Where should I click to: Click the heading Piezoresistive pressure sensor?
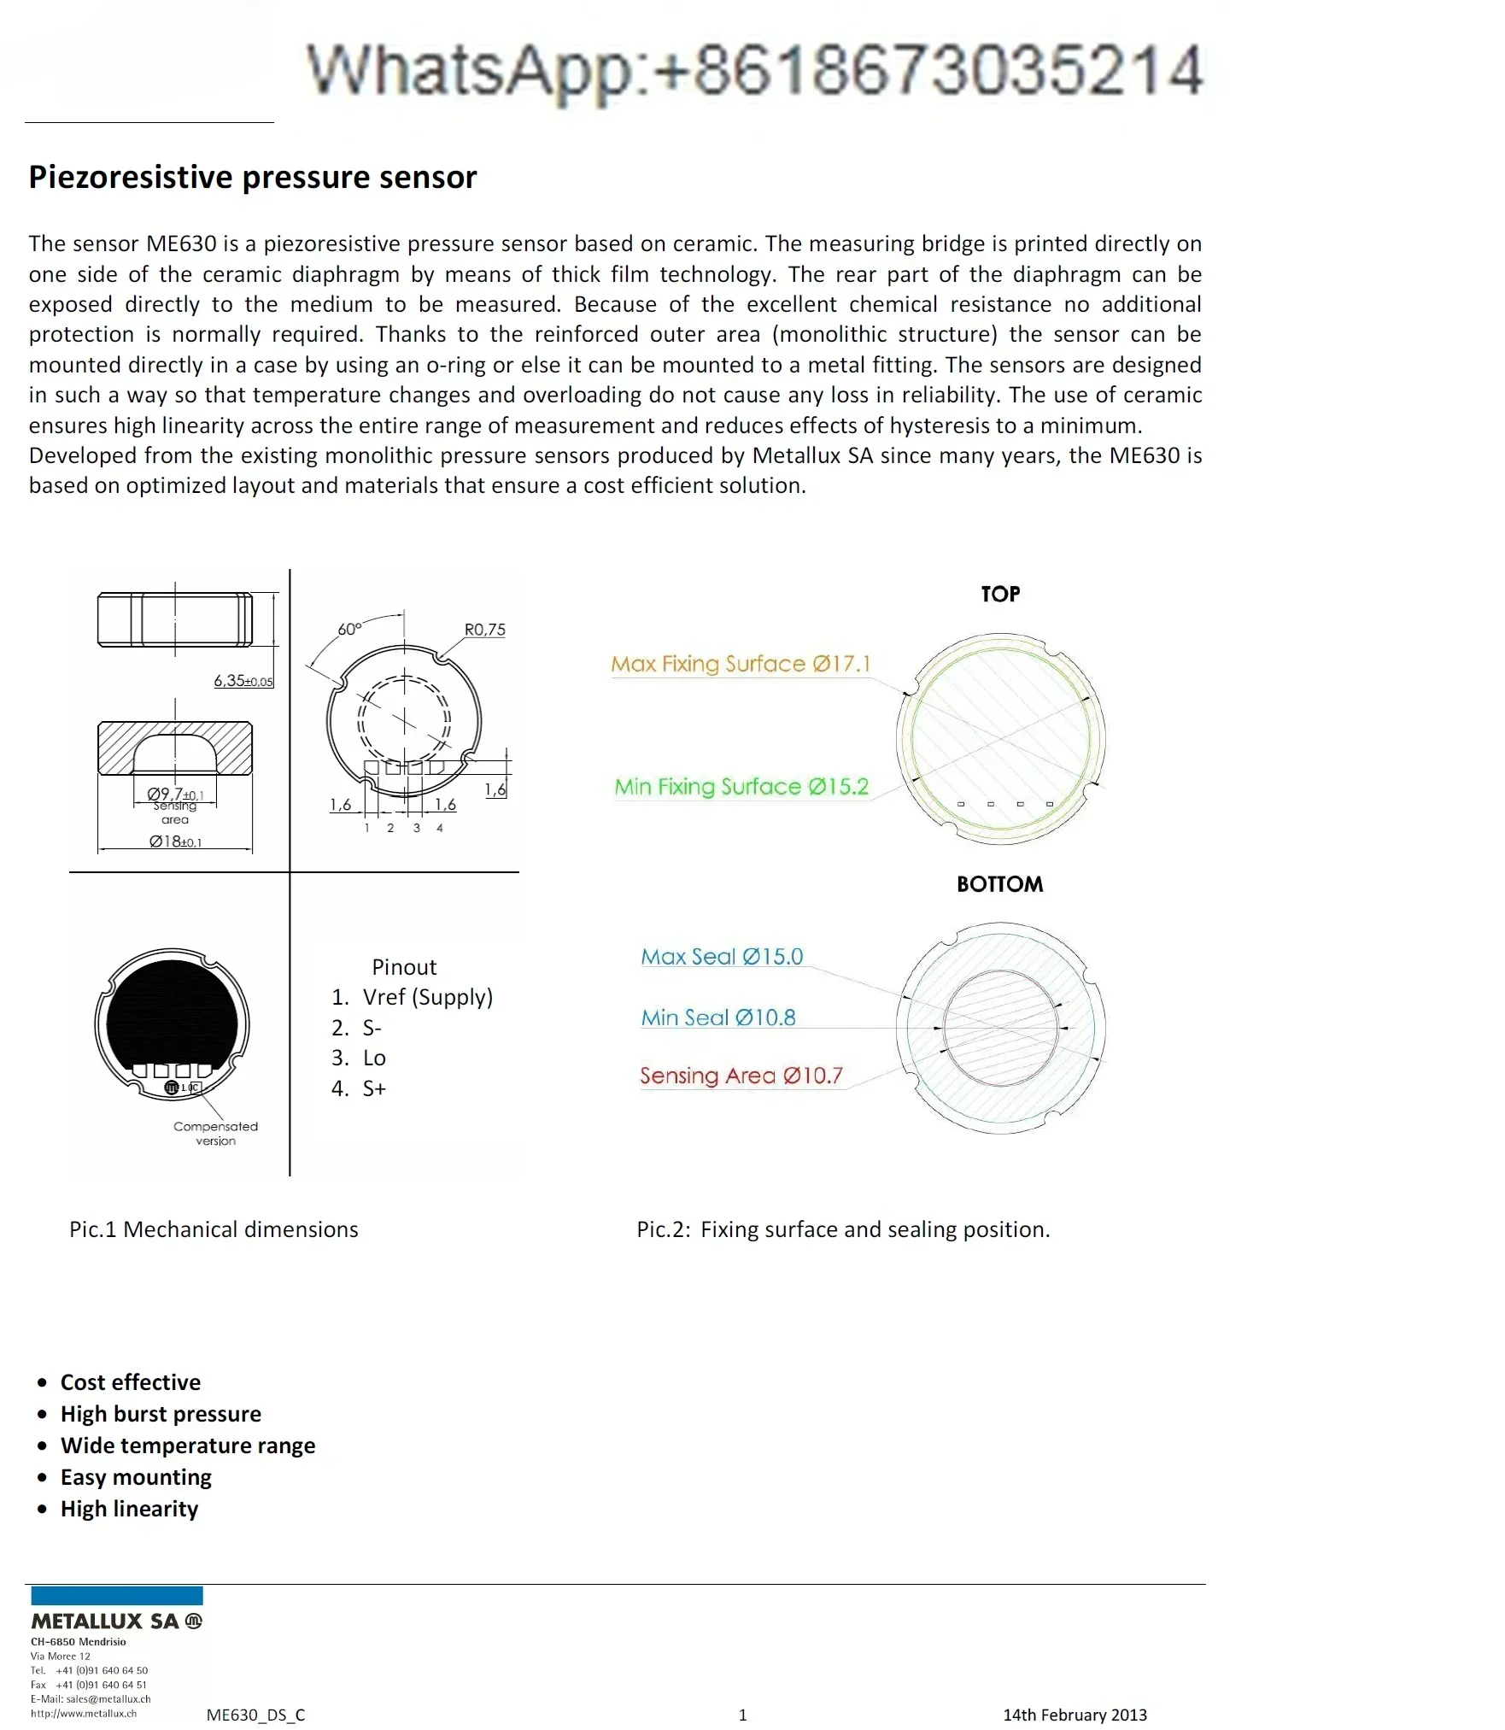pos(252,177)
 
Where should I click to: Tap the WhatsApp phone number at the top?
pos(755,70)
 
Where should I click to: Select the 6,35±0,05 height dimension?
pos(243,681)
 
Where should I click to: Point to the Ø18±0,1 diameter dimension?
pos(175,842)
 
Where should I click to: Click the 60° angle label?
pos(349,629)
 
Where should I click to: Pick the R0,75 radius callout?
pos(484,630)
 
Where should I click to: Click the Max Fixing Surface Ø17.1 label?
pos(741,664)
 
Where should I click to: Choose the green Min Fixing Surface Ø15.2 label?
pos(741,787)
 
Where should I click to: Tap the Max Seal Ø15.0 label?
pos(722,956)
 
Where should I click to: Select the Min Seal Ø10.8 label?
pos(717,1017)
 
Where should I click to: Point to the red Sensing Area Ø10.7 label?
pos(741,1076)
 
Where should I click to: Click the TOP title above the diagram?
pos(1000,594)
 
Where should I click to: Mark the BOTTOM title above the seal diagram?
pos(999,884)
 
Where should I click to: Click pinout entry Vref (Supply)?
pos(427,997)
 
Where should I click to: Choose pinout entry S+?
pos(374,1088)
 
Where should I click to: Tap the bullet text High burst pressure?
pos(161,1414)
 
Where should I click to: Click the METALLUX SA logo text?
pos(106,1622)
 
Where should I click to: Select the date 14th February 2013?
pos(1075,1715)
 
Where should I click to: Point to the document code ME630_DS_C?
pos(255,1715)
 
